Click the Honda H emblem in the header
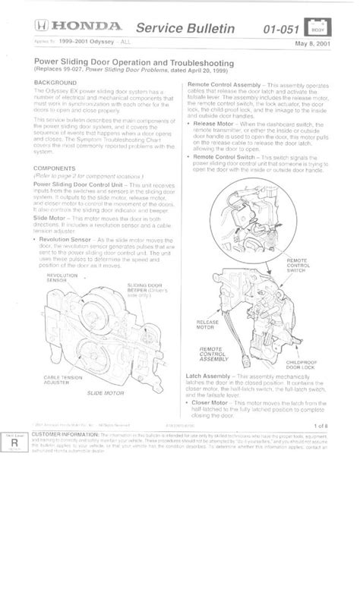43,27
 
